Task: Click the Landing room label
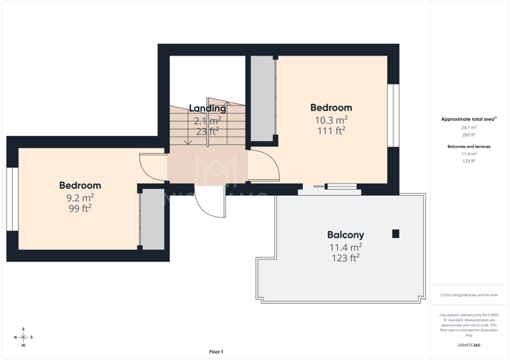point(208,108)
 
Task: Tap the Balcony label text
point(345,235)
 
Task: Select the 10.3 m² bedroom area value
point(331,119)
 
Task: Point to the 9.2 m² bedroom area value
point(80,197)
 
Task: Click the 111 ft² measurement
point(331,131)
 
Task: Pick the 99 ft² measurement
point(80,208)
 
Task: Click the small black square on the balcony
point(396,233)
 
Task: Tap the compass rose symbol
point(23,337)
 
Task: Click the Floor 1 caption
point(216,351)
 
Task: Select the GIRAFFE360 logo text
point(469,346)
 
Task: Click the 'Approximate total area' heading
point(468,119)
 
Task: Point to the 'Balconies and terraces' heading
point(469,147)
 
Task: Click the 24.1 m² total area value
point(469,127)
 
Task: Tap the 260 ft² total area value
point(469,134)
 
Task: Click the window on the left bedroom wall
point(12,200)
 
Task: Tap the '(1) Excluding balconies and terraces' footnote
point(469,295)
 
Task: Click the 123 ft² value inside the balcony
point(345,258)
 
